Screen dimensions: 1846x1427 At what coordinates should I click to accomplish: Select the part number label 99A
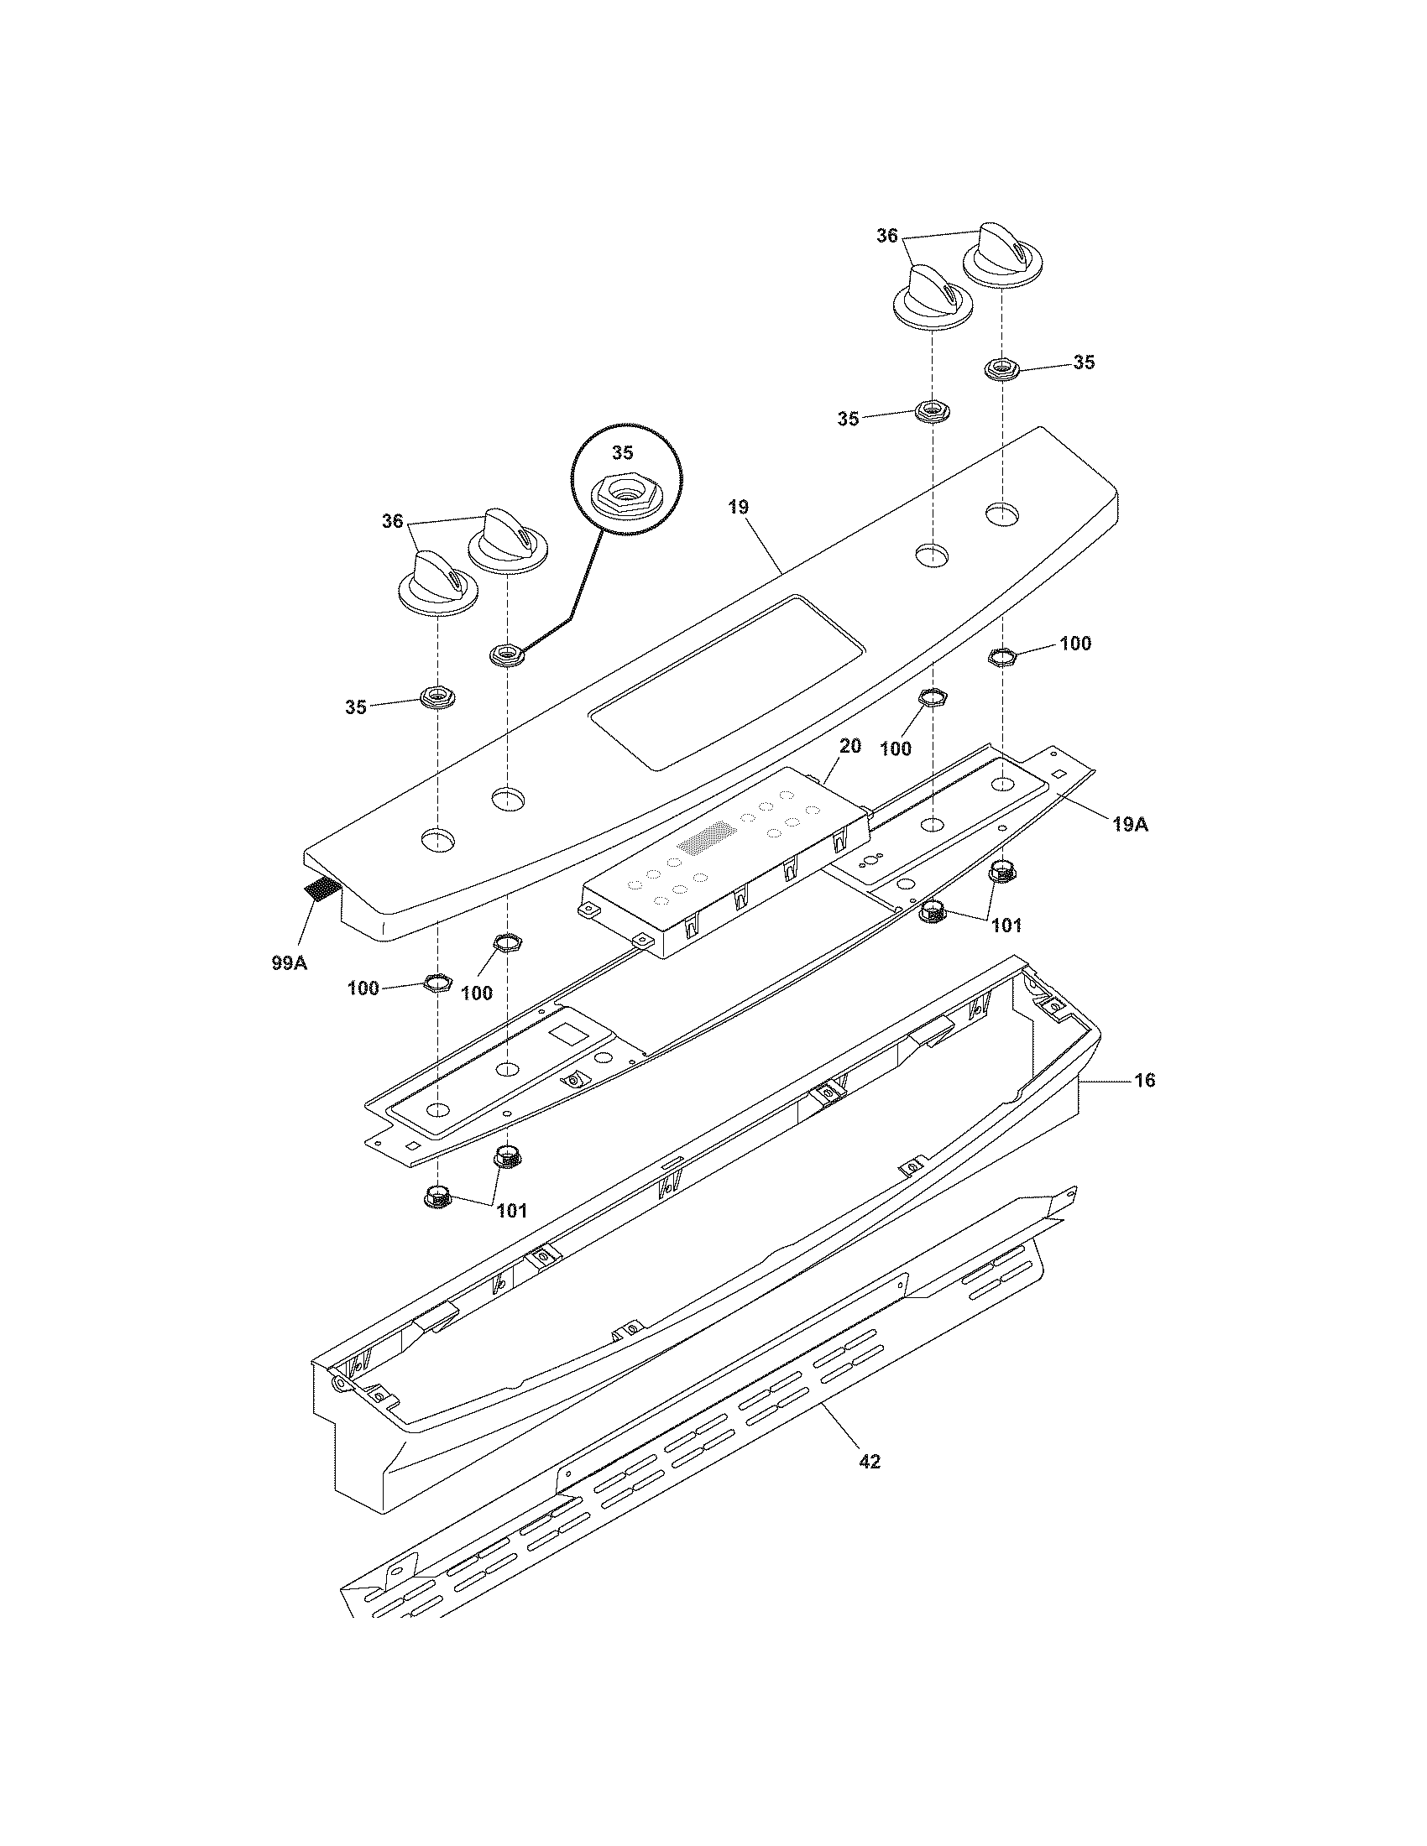point(288,962)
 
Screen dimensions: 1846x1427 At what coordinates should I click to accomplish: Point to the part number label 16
point(1144,1080)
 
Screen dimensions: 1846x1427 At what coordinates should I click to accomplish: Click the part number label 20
point(849,745)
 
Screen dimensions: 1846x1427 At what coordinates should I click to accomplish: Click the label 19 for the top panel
point(738,507)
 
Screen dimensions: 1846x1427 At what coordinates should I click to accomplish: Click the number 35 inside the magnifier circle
point(622,453)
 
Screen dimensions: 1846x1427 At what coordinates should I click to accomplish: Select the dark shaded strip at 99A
point(321,889)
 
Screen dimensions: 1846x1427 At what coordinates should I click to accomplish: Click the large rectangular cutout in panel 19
point(727,681)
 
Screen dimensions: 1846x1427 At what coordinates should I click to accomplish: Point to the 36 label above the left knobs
point(392,522)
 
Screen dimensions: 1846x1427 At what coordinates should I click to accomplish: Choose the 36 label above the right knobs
point(886,237)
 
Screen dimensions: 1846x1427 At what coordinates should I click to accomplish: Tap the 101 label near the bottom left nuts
point(511,1210)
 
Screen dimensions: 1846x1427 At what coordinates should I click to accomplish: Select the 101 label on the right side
point(1006,926)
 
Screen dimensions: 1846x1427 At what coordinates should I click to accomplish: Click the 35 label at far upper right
point(1084,362)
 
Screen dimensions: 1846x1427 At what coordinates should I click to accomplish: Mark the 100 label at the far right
point(1075,644)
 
